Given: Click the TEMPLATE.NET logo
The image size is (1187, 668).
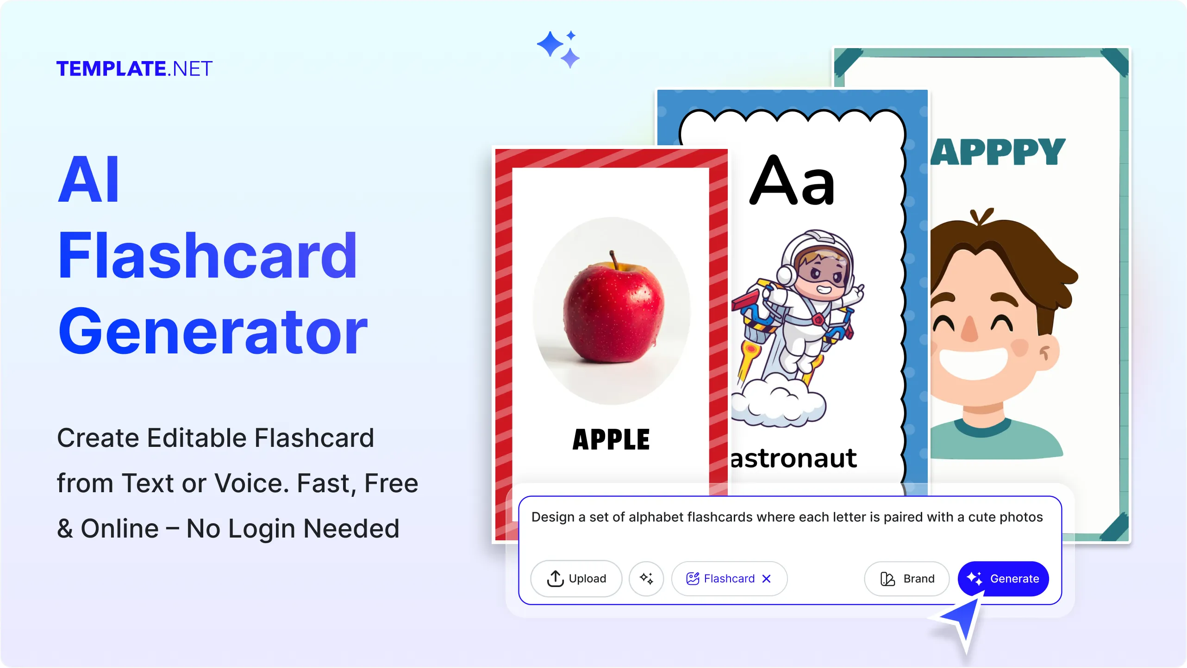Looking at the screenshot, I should click(x=134, y=69).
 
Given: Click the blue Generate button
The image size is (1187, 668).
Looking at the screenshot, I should click(x=1003, y=578).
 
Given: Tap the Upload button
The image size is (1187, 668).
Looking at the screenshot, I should click(x=576, y=578).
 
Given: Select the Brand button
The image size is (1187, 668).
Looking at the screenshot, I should click(x=906, y=578).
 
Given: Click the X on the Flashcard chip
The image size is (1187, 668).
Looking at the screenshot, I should click(x=767, y=579).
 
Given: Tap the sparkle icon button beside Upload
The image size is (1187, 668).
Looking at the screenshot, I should click(x=646, y=578).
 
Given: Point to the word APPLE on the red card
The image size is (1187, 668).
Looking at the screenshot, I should click(x=611, y=439).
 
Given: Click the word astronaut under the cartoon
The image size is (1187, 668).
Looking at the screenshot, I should click(x=793, y=458).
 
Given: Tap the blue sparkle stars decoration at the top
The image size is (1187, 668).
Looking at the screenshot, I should click(x=558, y=49).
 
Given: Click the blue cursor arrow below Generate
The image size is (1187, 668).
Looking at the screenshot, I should click(x=961, y=622).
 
